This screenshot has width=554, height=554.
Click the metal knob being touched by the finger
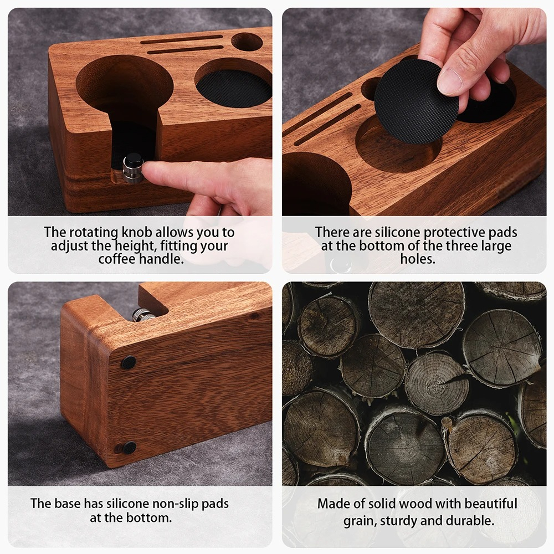click(x=133, y=168)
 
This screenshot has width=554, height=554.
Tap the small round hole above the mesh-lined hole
click(x=247, y=42)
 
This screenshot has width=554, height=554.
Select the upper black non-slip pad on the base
click(x=129, y=362)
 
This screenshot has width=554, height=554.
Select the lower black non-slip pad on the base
click(x=129, y=448)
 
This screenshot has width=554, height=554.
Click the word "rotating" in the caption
click(x=91, y=232)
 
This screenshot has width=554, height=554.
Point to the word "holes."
click(x=417, y=259)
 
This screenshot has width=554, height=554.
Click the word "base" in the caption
click(x=67, y=504)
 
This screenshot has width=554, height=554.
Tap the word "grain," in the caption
click(x=359, y=521)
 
